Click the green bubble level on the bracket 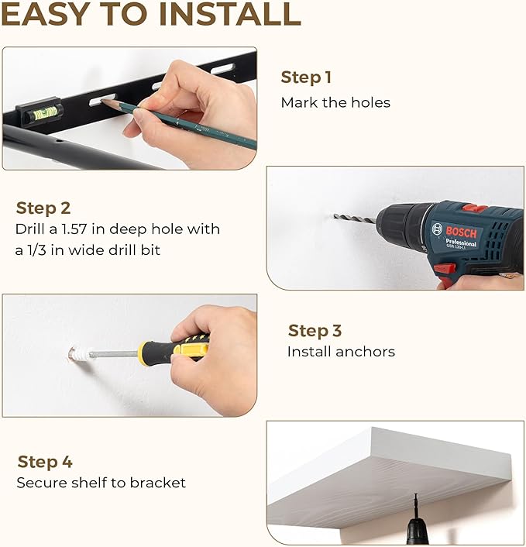point(45,113)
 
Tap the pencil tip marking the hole point(102,101)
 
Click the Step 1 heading point(305,77)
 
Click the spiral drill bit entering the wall point(355,218)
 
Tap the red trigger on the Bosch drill point(445,269)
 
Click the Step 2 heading point(43,208)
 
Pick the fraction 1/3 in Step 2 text point(36,250)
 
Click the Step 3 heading point(315,331)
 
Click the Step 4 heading point(45,463)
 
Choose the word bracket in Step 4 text point(158,483)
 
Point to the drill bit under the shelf point(416,506)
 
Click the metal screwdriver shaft point(114,354)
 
